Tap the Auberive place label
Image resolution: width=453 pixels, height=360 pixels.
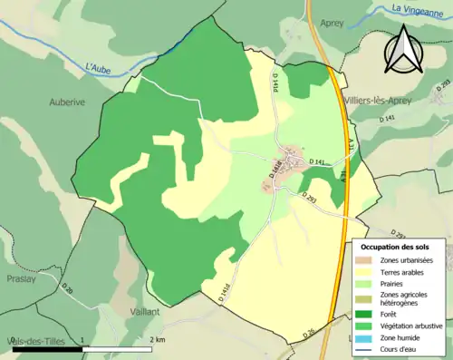click(x=67, y=102)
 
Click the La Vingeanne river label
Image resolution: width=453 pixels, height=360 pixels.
click(x=418, y=9)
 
